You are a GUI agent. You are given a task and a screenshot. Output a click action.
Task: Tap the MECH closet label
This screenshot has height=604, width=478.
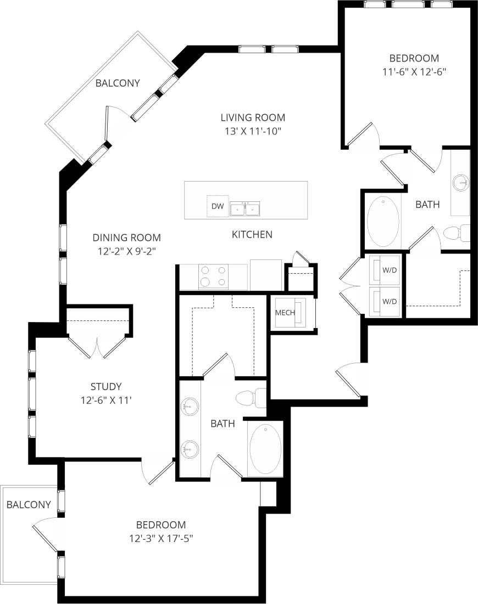pos(285,313)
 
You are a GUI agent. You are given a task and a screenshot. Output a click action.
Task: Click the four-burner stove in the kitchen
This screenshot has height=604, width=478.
pos(213,276)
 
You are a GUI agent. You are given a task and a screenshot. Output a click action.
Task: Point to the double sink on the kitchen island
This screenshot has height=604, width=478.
pos(245,209)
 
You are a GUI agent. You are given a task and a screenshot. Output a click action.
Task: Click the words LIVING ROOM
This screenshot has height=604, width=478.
pos(253,117)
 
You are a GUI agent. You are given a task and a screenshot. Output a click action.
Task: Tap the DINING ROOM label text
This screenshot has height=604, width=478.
pos(126,238)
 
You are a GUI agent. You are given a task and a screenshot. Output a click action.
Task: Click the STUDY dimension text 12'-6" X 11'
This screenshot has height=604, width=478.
pos(107,400)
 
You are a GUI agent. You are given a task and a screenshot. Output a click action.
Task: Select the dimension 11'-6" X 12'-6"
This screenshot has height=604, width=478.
pos(414,71)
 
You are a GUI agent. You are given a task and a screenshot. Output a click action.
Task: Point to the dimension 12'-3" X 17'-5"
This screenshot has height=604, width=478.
pos(160,538)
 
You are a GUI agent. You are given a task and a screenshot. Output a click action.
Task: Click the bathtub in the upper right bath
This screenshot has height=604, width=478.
pos(383,222)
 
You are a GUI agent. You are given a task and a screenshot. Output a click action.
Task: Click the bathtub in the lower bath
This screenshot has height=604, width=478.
pos(265,449)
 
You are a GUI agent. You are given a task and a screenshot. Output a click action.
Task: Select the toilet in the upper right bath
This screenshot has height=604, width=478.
pos(455,233)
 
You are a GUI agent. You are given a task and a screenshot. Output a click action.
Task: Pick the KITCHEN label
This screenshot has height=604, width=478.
pos(252,234)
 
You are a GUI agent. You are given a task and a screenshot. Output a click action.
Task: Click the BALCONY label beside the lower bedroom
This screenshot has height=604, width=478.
pos(29,504)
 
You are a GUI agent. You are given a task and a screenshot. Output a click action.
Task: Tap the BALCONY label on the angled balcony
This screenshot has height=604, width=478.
pos(118,83)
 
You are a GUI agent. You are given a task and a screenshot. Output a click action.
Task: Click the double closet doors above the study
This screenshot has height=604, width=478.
pos(98,346)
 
